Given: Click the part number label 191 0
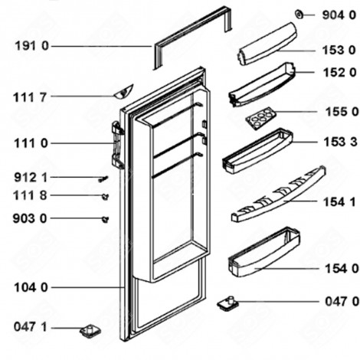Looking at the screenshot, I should [x=31, y=47].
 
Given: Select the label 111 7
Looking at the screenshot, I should [x=31, y=97].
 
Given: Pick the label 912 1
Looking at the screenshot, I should [x=31, y=177].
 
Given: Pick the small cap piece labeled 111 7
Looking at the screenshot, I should [x=120, y=94].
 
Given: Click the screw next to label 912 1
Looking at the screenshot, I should [x=101, y=178].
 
